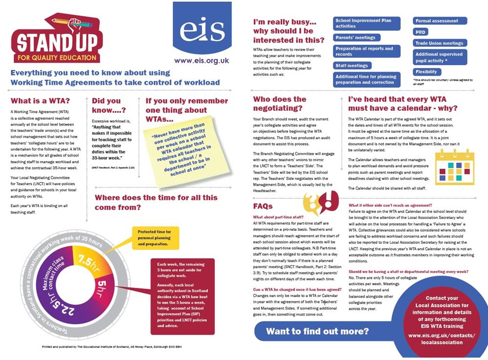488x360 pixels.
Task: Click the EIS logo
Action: (202, 29)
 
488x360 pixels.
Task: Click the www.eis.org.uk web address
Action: (202, 61)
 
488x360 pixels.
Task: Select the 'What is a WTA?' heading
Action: (40, 101)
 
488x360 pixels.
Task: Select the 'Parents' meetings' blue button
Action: (355, 38)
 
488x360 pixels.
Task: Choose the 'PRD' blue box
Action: (420, 32)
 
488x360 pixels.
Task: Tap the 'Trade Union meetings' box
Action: (440, 43)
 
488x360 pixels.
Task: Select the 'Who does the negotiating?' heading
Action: (280, 104)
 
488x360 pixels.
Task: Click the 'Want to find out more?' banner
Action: (317, 331)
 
